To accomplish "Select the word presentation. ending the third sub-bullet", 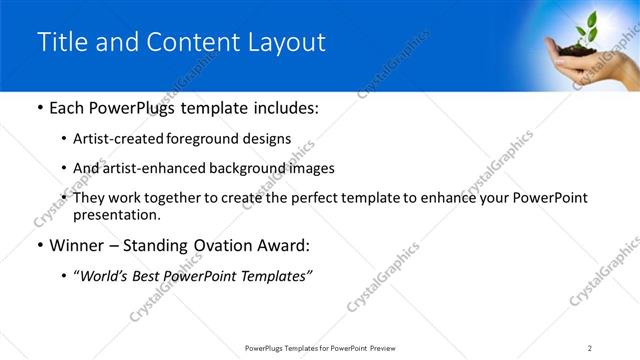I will pos(115,214).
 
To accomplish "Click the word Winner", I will pos(77,246).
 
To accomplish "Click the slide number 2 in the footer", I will pos(590,347).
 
